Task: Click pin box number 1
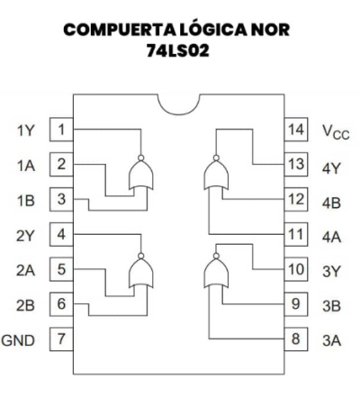click(61, 130)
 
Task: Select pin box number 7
click(61, 339)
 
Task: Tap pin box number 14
click(296, 130)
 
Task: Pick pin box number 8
click(296, 339)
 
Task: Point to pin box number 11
click(296, 234)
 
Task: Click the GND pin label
click(18, 340)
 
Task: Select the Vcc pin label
click(336, 132)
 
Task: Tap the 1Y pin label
click(26, 131)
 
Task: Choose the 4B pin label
click(331, 203)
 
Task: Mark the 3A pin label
click(331, 340)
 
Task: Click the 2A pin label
click(25, 270)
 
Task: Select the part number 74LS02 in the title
click(177, 50)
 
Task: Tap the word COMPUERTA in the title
click(119, 30)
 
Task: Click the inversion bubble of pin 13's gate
click(216, 158)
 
